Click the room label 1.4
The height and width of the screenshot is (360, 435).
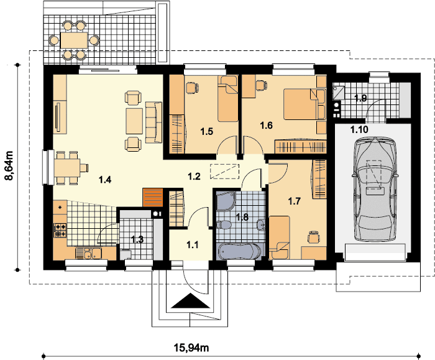pos(105,180)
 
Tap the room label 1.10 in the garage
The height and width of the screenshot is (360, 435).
pos(359,129)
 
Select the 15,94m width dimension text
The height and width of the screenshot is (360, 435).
pos(191,347)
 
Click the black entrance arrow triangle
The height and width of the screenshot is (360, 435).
pos(190,301)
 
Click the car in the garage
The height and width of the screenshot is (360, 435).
pos(375,189)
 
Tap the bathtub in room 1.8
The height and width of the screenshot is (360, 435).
pos(239,252)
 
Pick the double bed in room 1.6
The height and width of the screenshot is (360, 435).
pos(301,104)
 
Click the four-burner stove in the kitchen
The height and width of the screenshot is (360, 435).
pos(60,231)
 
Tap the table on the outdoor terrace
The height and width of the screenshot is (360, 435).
pos(74,40)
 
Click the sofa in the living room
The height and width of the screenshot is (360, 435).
pos(153,122)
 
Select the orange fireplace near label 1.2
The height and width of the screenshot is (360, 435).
pos(153,197)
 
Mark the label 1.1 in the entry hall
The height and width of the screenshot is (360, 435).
pos(192,245)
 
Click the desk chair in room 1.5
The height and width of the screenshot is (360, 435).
pos(191,88)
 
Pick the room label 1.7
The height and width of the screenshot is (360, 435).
pos(294,201)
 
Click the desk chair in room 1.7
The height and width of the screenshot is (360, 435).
pos(313,237)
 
